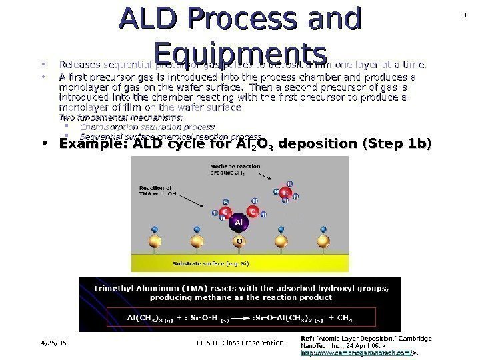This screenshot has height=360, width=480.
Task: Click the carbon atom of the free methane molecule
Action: coord(285,191)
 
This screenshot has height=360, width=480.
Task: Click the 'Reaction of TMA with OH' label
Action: coord(155,191)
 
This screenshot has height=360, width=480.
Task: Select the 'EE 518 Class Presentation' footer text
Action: coord(231,343)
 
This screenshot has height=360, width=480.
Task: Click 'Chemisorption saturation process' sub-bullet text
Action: coord(147,127)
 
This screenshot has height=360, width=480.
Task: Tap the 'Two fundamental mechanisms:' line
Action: coord(121,117)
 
